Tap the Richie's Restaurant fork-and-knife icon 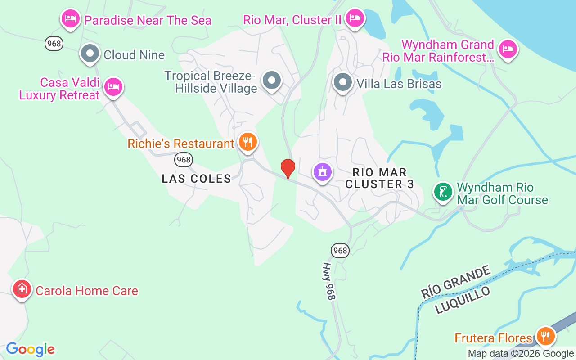tap(247, 142)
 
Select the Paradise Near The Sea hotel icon tap(70, 19)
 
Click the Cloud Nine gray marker tap(90, 54)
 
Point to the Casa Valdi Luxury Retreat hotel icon tap(113, 87)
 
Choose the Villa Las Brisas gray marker tap(342, 82)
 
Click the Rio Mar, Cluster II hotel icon tap(355, 18)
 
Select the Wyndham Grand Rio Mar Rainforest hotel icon tap(508, 49)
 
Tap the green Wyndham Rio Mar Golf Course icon tap(443, 192)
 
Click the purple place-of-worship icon tap(323, 172)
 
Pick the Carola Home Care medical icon tap(22, 289)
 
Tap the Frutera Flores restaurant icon tap(545, 336)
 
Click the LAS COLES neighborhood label tap(197, 179)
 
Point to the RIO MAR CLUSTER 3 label tap(380, 178)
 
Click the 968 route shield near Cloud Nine tap(54, 44)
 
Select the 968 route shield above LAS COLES tap(184, 159)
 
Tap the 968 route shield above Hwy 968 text tap(341, 251)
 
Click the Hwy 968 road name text tap(329, 281)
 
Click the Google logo tap(30, 349)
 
